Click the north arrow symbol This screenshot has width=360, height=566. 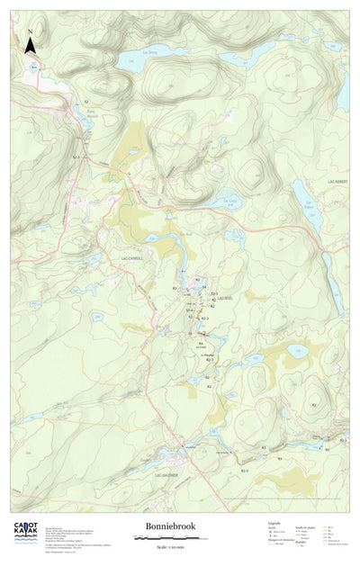pyautogui.click(x=30, y=41)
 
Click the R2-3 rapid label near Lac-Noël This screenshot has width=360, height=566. pyautogui.click(x=205, y=319)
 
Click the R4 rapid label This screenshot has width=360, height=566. pyautogui.click(x=200, y=342)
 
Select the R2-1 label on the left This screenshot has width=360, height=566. pyautogui.click(x=76, y=157)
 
